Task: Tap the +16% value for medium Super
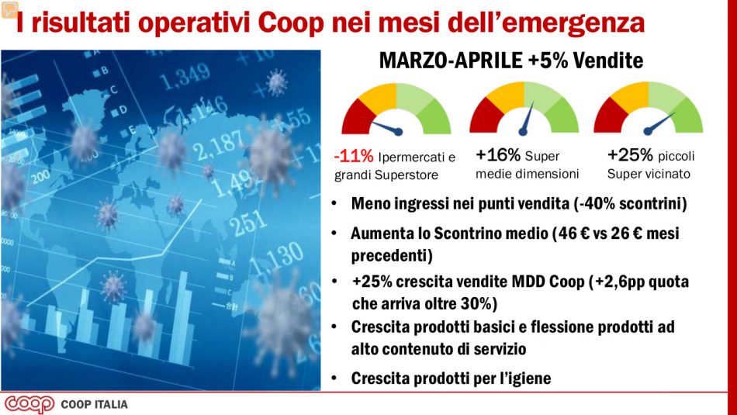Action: click(498, 154)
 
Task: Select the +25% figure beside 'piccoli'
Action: click(630, 154)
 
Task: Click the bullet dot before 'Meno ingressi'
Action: click(333, 205)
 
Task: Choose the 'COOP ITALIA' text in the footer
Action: click(94, 404)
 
